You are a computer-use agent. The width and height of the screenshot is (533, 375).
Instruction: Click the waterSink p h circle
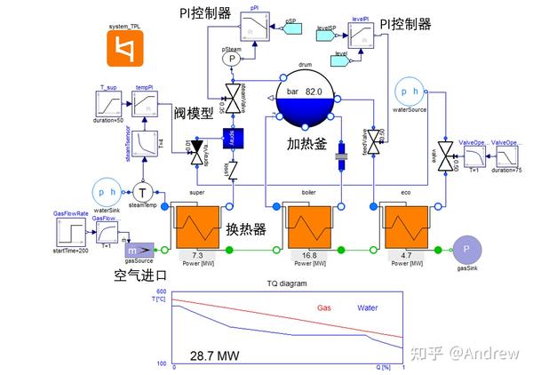tap(106, 192)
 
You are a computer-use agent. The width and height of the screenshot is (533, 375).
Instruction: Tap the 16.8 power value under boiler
tap(306, 254)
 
